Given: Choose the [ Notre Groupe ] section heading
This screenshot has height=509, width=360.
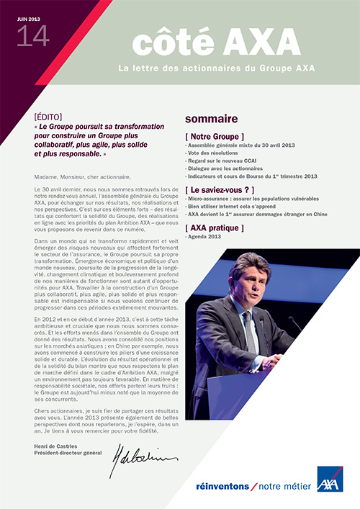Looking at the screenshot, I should (x=215, y=135).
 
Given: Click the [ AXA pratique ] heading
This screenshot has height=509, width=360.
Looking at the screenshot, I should (x=215, y=228).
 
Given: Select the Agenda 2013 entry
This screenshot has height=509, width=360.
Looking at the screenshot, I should (x=204, y=237).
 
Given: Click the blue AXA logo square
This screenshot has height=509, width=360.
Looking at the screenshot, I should (x=329, y=479).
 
